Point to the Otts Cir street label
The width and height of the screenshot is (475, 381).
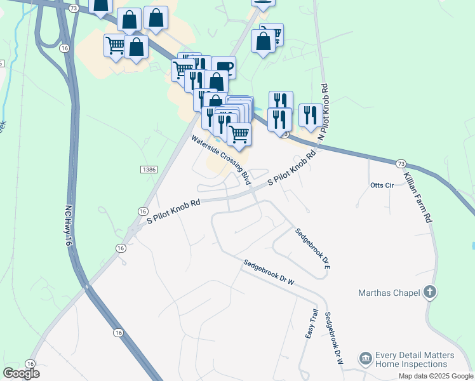(x=382, y=185)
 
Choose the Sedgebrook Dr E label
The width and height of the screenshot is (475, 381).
(x=314, y=250)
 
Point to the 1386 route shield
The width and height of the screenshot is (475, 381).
(x=149, y=170)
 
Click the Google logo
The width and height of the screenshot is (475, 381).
(x=21, y=373)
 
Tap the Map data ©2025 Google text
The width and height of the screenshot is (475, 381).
(x=435, y=376)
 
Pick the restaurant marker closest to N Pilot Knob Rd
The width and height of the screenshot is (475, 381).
(x=310, y=115)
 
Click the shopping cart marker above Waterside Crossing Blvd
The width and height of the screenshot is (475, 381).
(x=239, y=133)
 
